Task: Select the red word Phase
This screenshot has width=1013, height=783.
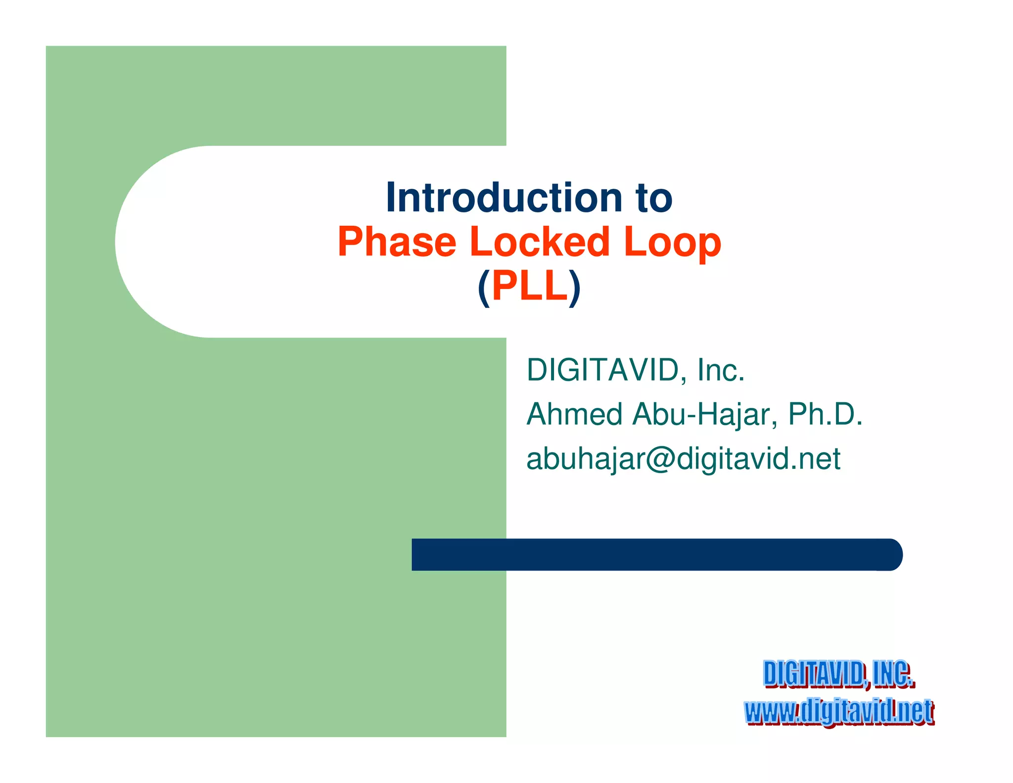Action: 397,242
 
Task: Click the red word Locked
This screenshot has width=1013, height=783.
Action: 540,242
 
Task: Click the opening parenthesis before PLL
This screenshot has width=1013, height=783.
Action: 484,288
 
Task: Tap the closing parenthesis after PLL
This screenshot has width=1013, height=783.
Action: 575,288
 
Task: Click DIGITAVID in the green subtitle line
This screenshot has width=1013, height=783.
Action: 602,370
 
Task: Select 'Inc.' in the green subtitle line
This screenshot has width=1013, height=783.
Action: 721,370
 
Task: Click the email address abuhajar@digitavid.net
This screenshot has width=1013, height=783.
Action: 683,459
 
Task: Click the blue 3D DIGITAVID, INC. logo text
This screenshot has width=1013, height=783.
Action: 838,674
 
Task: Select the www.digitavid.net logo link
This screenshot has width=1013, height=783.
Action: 839,712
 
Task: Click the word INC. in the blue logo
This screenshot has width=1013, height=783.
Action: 893,674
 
